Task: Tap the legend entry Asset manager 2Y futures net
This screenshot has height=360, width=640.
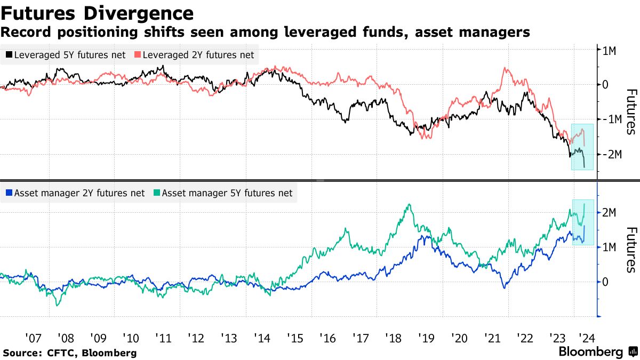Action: click(74, 193)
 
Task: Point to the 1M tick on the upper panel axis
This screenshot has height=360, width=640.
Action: click(610, 50)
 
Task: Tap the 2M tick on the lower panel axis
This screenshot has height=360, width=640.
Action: click(610, 213)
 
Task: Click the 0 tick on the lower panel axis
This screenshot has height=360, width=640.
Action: click(605, 282)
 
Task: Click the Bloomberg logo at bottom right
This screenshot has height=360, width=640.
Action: click(598, 352)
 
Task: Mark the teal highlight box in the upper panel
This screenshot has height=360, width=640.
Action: click(582, 147)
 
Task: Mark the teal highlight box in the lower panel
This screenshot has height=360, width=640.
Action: click(582, 222)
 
